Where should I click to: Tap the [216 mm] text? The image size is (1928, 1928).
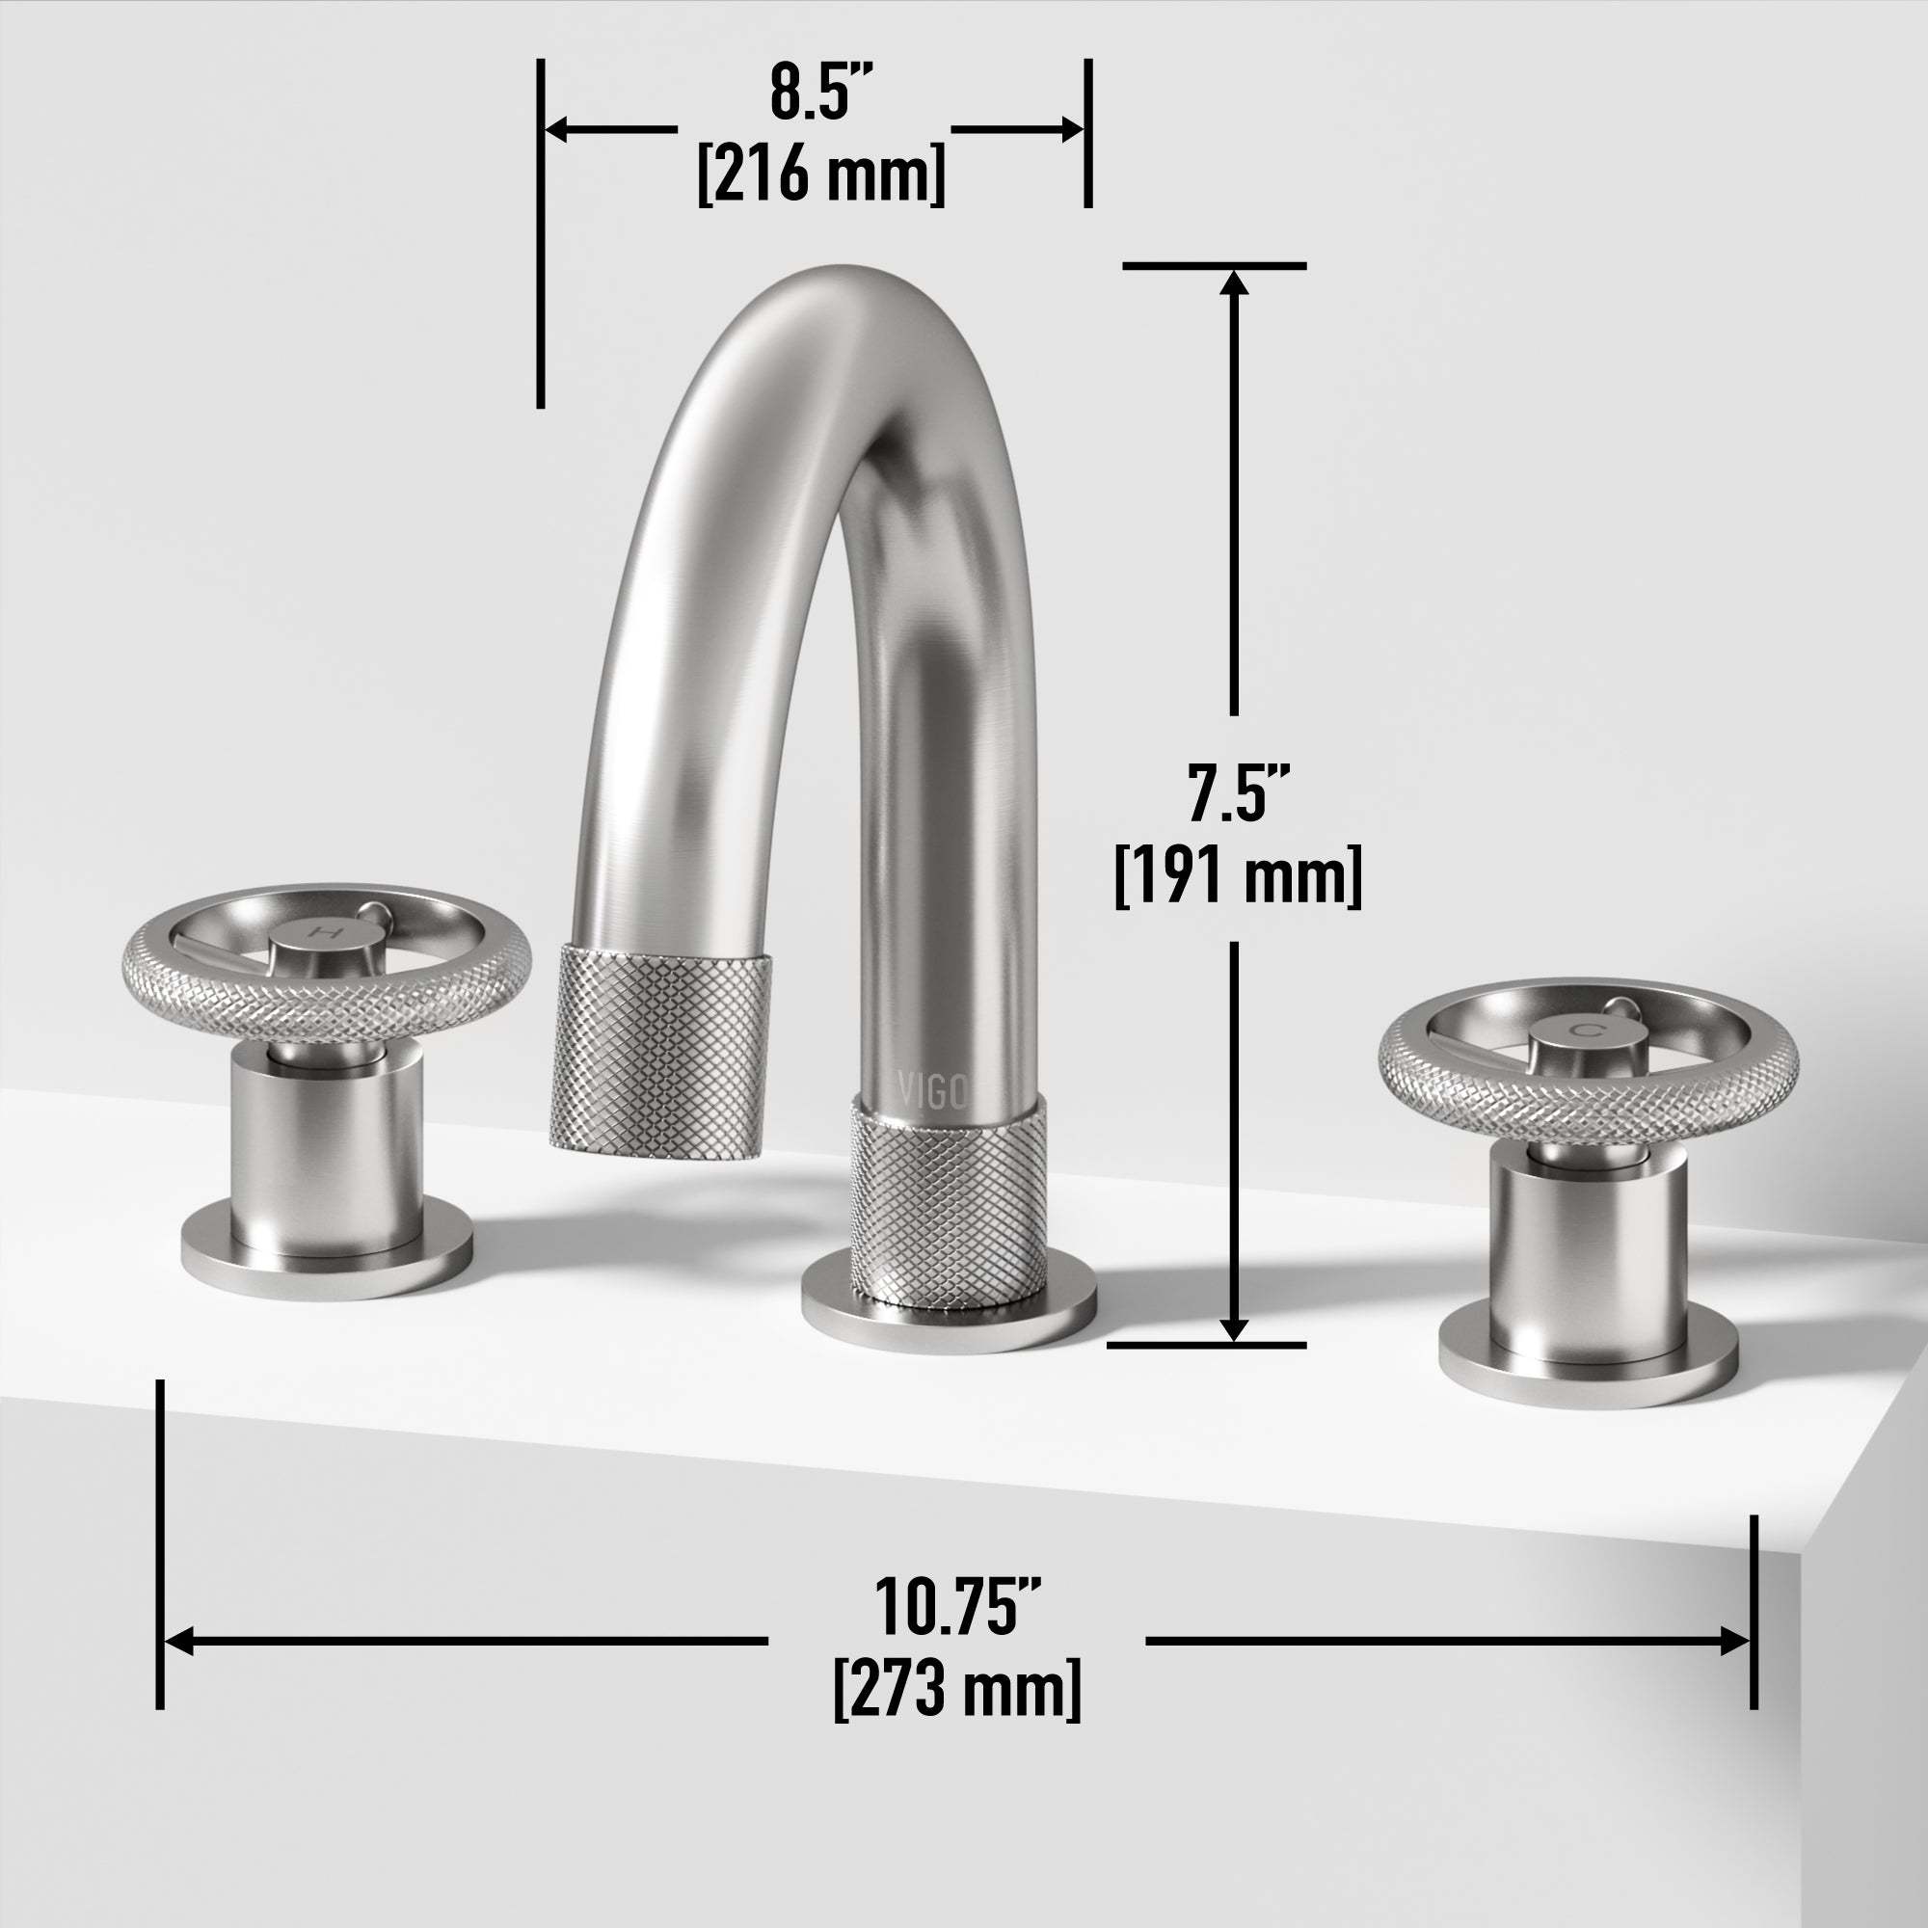pos(820,174)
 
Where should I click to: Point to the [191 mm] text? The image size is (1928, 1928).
pos(1238,877)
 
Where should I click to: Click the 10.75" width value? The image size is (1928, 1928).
pos(957,1606)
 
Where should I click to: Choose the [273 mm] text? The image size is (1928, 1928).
pos(957,1689)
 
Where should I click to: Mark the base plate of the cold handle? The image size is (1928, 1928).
pos(1588,1373)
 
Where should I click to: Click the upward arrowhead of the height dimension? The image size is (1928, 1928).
pos(1235,284)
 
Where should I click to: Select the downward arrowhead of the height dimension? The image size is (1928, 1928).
pos(1235,1328)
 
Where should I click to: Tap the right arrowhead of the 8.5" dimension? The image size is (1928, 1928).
pos(1070,129)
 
